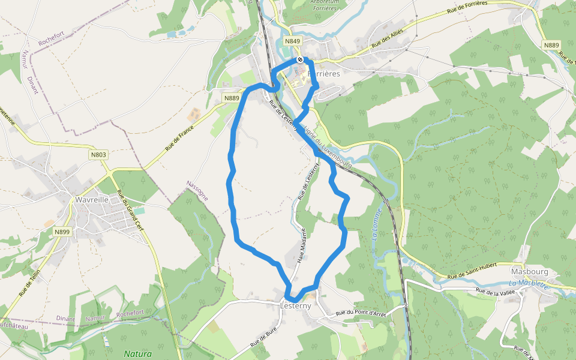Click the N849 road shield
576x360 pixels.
click(292, 41)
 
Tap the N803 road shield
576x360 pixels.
click(98, 155)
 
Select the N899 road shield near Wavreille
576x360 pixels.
click(62, 232)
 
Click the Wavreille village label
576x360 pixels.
click(92, 200)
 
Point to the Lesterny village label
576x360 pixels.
click(296, 305)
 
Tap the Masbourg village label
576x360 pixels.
click(526, 271)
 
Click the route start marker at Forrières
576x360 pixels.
click(300, 59)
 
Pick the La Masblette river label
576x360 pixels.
click(529, 284)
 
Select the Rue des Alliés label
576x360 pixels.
click(387, 38)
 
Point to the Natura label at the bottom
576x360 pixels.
click(137, 354)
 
